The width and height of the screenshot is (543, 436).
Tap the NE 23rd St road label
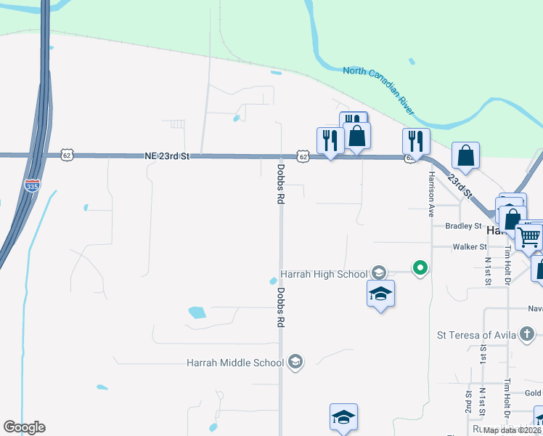tap(167, 156)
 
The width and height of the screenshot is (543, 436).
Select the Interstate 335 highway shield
tap(31, 185)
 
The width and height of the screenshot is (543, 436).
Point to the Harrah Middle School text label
tap(236, 362)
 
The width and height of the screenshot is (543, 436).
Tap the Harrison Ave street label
tap(430, 195)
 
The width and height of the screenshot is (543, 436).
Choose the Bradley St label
tap(464, 226)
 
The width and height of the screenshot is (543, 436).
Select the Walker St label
tap(468, 247)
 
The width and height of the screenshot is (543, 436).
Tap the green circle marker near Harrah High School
tap(420, 269)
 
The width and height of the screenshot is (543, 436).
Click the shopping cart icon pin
tap(528, 236)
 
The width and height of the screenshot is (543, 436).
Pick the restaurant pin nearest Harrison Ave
tap(416, 140)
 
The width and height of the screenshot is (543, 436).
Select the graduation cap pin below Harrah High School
tap(380, 294)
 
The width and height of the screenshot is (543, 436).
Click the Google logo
tap(24, 427)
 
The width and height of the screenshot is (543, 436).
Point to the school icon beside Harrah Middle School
tap(295, 362)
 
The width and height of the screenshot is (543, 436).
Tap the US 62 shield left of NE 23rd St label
tap(68, 156)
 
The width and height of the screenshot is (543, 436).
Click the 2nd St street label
tap(468, 399)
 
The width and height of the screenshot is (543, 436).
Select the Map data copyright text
tap(513, 430)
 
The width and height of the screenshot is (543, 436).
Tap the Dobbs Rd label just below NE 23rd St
tap(280, 183)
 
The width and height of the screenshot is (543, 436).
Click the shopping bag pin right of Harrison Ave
tap(465, 156)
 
